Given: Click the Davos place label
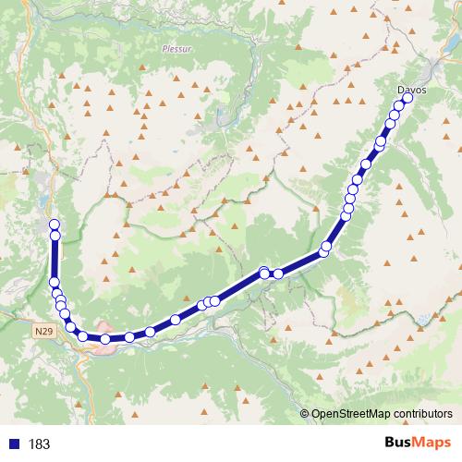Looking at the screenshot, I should (x=411, y=90).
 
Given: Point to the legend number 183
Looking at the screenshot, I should (x=39, y=444).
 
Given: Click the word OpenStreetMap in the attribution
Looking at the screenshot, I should (x=354, y=414).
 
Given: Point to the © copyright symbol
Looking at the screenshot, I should (x=305, y=414).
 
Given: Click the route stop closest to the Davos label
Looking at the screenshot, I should (x=407, y=97).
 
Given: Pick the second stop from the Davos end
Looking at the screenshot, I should (x=401, y=106).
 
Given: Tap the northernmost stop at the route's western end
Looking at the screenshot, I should (x=54, y=225).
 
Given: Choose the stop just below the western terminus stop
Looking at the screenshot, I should (x=54, y=236).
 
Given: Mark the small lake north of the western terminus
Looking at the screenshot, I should (x=43, y=204).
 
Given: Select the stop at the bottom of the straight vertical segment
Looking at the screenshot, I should (x=54, y=283).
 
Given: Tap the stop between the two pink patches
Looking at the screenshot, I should (x=105, y=339).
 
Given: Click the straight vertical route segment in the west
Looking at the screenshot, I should (x=54, y=259).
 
